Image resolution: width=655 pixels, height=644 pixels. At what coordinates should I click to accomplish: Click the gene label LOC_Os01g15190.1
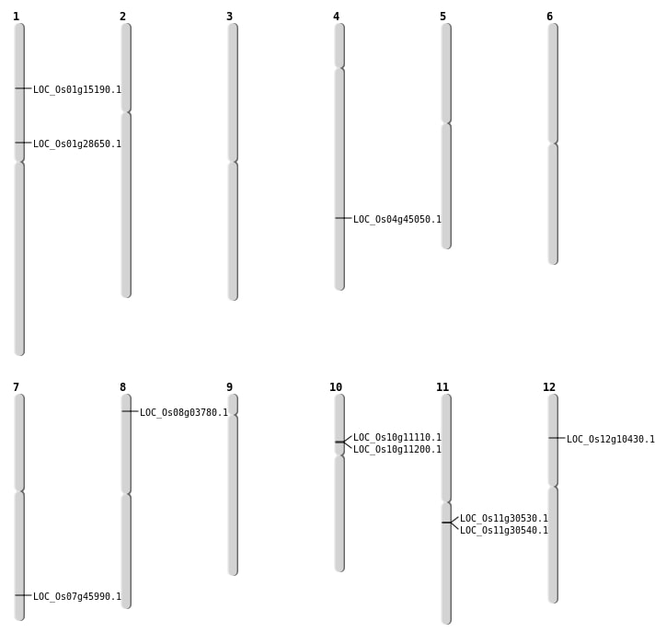(77, 89)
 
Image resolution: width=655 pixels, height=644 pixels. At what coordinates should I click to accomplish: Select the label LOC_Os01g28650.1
(77, 144)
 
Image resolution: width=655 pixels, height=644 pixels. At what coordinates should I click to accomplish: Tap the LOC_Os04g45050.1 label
(397, 219)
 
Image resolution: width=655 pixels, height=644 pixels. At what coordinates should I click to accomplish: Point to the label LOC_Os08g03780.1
(184, 413)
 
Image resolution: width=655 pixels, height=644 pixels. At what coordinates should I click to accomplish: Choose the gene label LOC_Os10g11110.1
(397, 437)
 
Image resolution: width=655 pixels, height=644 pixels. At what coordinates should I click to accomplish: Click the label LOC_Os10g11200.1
(397, 449)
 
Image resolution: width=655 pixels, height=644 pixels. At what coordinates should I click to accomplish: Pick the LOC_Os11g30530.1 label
(504, 518)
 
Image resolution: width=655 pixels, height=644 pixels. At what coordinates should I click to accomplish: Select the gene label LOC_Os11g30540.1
(504, 531)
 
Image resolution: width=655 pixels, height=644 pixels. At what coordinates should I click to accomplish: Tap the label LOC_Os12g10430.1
(611, 440)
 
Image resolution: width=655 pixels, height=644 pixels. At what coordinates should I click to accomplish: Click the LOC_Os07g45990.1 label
(77, 596)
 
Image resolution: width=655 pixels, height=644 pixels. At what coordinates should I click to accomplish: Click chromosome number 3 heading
(229, 17)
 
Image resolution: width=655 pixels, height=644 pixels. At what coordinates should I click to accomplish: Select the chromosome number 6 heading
(550, 17)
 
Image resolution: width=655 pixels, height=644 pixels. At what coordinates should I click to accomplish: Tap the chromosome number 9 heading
(229, 387)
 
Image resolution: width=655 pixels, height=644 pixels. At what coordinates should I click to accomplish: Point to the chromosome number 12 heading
(549, 387)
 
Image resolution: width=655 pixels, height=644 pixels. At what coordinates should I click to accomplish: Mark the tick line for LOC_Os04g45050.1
(343, 218)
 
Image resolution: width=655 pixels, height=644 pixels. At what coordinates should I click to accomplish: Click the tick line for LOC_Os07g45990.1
(23, 595)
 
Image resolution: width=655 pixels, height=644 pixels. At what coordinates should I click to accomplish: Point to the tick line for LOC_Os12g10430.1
(557, 438)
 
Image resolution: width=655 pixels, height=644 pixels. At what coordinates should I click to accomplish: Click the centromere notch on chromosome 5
(446, 123)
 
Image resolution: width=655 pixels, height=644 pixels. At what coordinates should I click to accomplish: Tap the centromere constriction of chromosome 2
(126, 112)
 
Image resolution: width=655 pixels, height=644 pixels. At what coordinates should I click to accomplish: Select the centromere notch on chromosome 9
(233, 415)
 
